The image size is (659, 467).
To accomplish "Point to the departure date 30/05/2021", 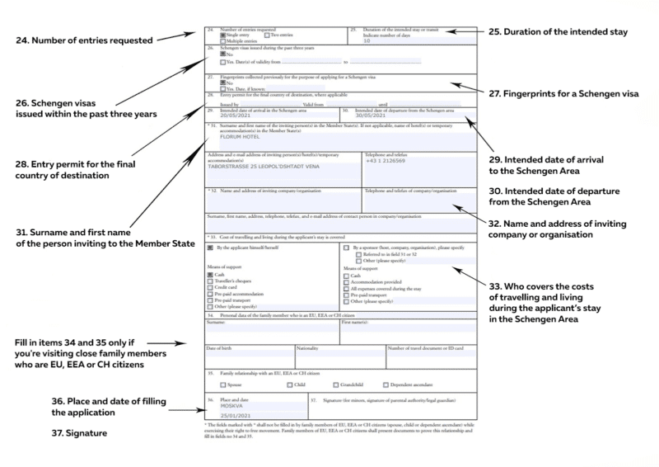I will pos(368,116).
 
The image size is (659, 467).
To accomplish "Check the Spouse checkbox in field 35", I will pos(223,384).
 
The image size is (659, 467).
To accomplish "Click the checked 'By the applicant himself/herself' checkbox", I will pos(212,247).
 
